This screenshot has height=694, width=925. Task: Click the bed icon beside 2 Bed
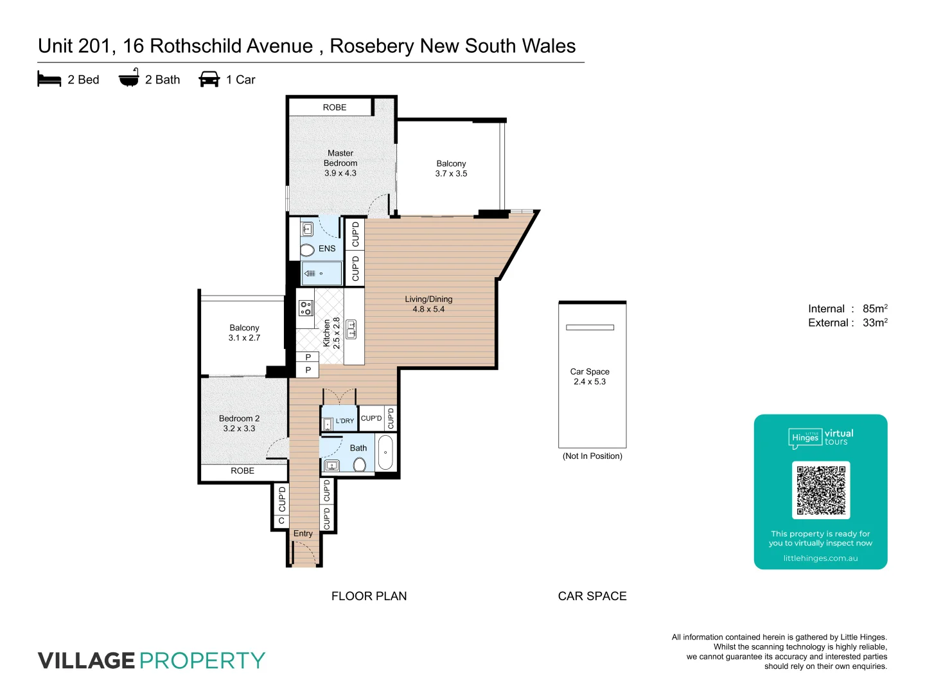[x=49, y=80]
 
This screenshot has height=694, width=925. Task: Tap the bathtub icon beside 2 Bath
[x=129, y=78]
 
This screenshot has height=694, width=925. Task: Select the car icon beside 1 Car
[x=209, y=79]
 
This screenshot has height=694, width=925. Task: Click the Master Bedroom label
[x=340, y=158]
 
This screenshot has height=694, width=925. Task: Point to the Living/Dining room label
[x=428, y=299]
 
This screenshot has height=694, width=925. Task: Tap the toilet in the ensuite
[x=308, y=249]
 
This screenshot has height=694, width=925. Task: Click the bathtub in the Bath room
[x=385, y=452]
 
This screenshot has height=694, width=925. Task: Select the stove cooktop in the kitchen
[x=306, y=308]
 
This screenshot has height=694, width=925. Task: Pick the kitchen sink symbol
[x=351, y=329]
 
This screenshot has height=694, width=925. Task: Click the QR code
[x=821, y=490]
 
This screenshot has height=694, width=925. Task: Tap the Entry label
[x=303, y=533]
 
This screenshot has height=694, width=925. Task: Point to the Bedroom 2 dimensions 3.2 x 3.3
[x=240, y=429]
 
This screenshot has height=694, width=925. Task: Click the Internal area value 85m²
[x=875, y=308]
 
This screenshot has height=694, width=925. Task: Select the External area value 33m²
[x=875, y=323]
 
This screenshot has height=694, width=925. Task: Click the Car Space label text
[x=590, y=371]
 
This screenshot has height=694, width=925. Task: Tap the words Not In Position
[x=592, y=456]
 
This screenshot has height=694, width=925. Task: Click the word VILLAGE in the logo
[x=86, y=661]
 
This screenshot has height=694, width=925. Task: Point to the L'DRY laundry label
[x=345, y=421]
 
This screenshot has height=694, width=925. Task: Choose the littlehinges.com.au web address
[x=820, y=558]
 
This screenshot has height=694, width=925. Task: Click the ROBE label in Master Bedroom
[x=335, y=107]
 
